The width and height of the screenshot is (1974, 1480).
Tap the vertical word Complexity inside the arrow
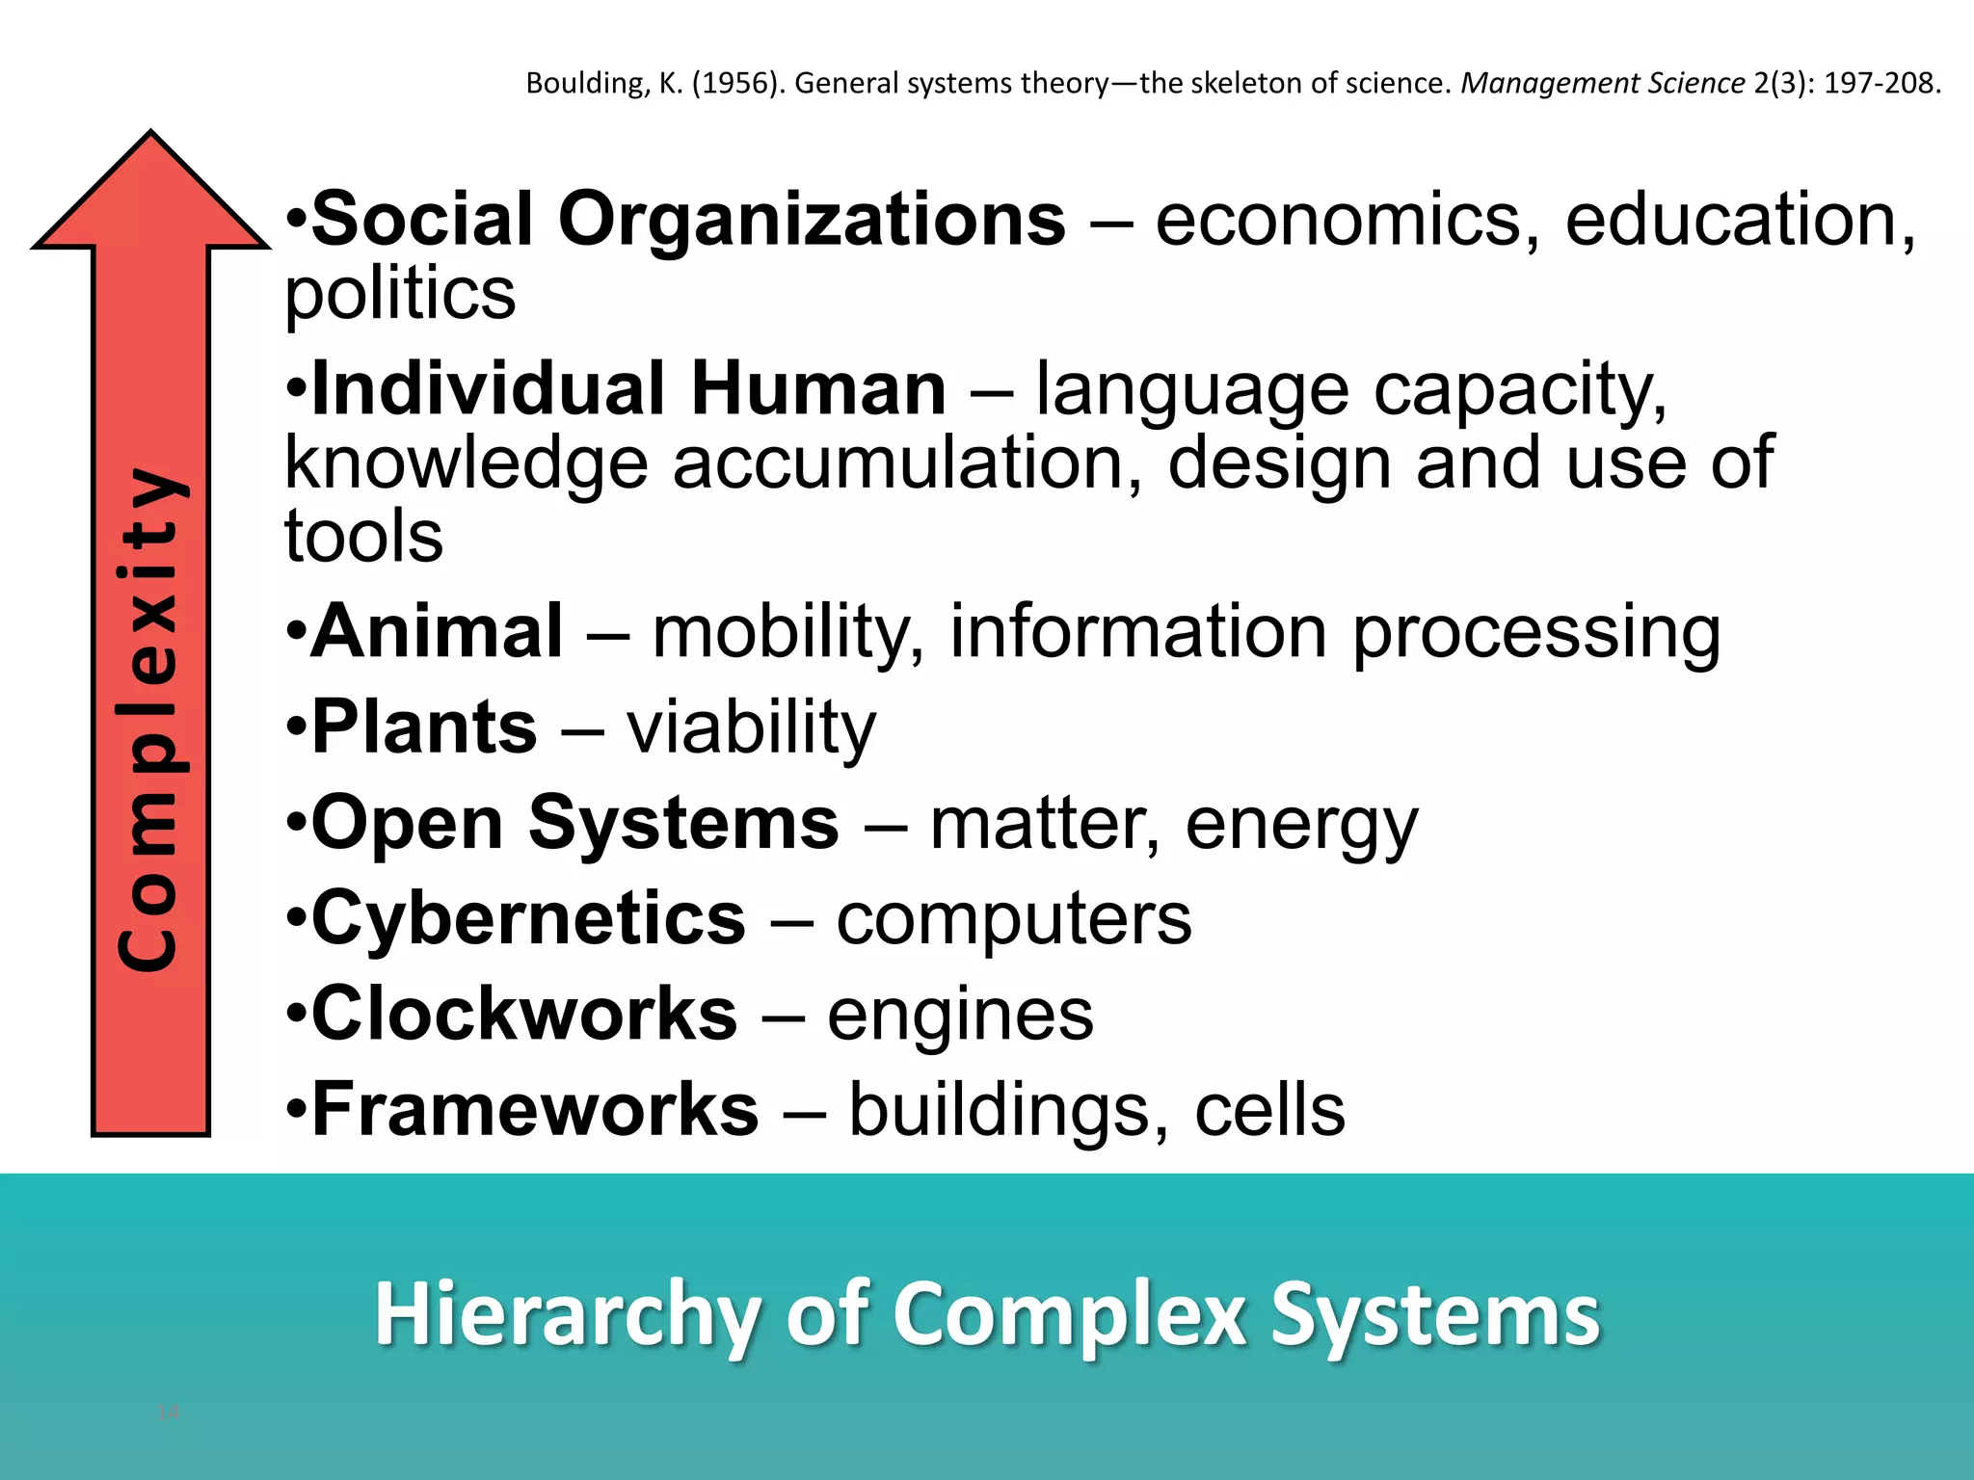point(149,718)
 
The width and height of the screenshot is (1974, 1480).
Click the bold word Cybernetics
point(528,918)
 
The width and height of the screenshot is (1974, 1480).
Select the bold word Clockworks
point(524,1014)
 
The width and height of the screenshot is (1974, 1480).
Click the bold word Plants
point(424,727)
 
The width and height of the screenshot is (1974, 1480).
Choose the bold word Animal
point(437,631)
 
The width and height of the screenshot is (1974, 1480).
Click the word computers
point(1013,918)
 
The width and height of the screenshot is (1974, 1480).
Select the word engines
point(960,1014)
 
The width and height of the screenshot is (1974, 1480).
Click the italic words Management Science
point(1603,84)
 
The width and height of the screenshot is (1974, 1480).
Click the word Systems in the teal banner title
point(1435,1314)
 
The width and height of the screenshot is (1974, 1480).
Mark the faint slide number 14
point(168,1413)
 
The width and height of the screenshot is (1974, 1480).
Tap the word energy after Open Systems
point(1301,824)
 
